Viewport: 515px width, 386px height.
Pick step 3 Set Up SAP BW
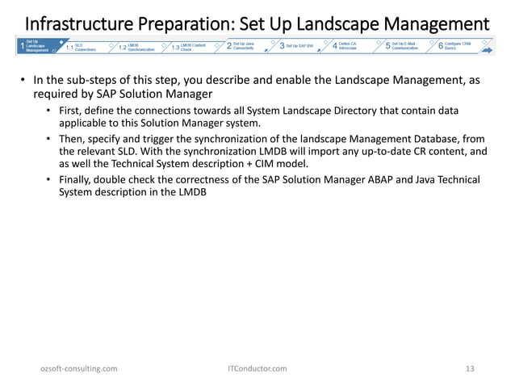[x=298, y=46]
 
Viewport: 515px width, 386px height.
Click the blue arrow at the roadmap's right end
[x=488, y=48]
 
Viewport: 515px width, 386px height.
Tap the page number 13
[x=470, y=368]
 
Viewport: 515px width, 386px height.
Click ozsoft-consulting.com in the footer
[x=79, y=368]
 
